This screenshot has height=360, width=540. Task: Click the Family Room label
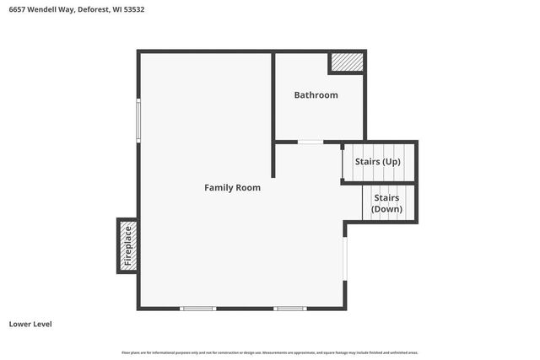pos(232,187)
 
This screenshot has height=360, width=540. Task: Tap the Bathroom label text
pos(316,95)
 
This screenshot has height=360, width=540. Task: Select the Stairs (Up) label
pos(377,161)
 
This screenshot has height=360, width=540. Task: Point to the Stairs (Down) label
pos(387,202)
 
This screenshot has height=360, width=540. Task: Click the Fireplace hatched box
pos(127,245)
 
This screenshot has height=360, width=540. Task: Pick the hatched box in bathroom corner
pos(346,62)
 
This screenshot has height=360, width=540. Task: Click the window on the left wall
pos(139,120)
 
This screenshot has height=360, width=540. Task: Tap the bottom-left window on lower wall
pos(198,309)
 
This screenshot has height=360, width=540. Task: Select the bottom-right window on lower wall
pos(290,309)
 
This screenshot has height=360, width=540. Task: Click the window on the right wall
pos(345,258)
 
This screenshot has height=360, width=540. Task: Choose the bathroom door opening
pos(310,142)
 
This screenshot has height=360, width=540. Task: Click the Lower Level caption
pos(30,324)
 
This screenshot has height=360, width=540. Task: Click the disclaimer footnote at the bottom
pos(270,352)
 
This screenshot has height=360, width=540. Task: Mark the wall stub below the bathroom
pos(273,159)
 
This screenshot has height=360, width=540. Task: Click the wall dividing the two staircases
pos(379,182)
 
